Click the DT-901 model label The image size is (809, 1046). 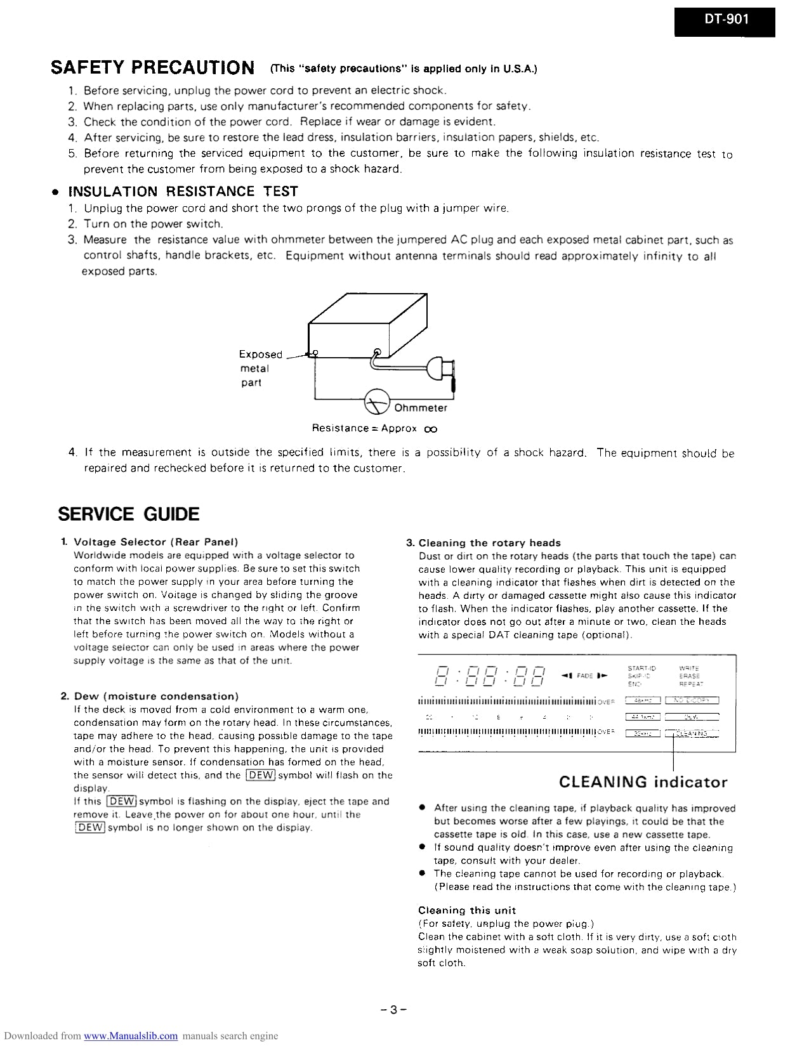[x=725, y=20]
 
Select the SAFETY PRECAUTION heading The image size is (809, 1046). [x=152, y=67]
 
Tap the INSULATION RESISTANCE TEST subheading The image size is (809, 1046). [x=183, y=192]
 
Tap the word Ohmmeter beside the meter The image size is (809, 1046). [x=421, y=408]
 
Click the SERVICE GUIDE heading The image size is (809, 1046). [x=129, y=514]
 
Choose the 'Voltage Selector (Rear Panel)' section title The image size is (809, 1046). [x=156, y=542]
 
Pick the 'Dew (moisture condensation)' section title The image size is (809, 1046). [x=156, y=696]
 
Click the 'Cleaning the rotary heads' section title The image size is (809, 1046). [x=489, y=543]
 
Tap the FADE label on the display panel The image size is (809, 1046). [x=584, y=676]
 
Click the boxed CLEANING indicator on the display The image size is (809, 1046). [x=692, y=733]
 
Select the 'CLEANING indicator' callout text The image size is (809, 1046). [x=643, y=782]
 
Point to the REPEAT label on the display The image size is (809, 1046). [x=690, y=684]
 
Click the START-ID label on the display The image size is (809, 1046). [x=641, y=668]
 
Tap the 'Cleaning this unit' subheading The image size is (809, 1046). [x=466, y=910]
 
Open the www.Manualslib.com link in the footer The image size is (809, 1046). [x=131, y=1036]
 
